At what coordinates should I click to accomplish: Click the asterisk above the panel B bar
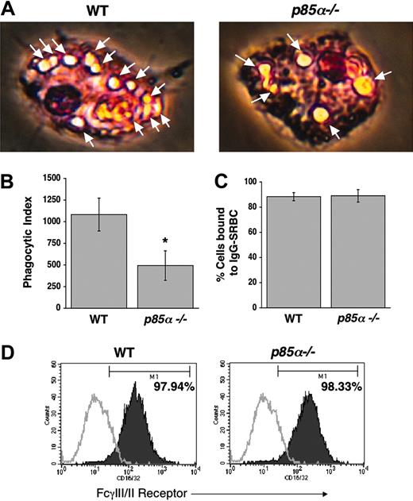click(163, 237)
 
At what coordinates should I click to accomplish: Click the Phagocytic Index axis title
click(17, 243)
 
